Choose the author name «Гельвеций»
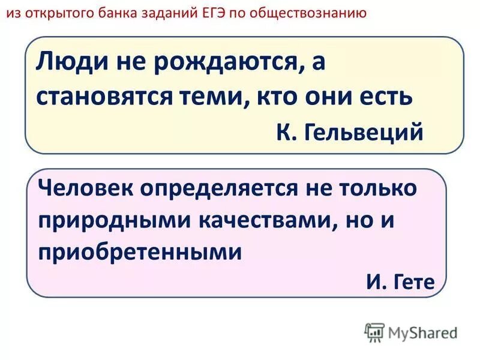[367, 131]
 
